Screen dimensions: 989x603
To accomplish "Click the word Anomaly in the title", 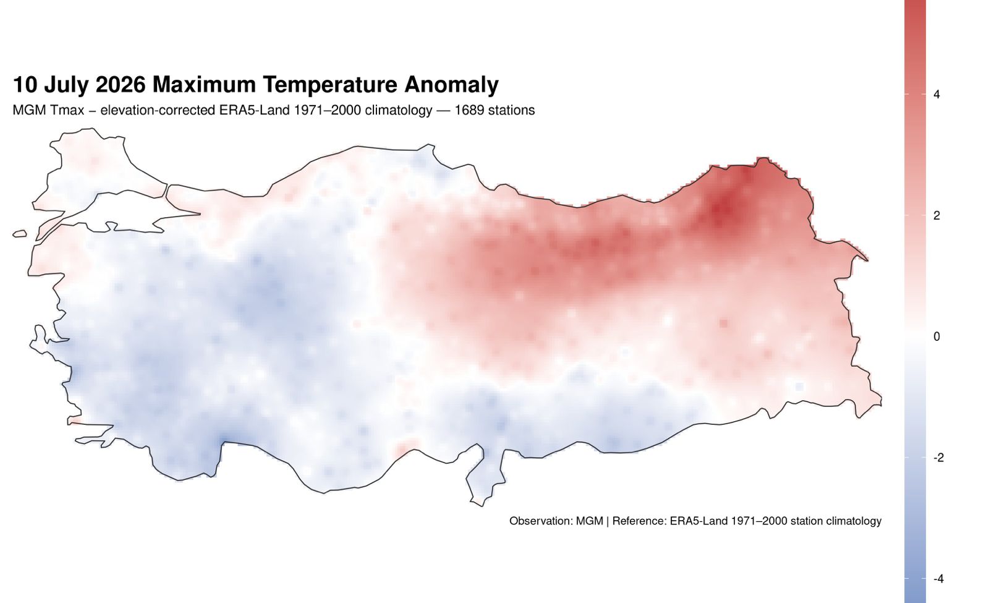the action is pos(451,85).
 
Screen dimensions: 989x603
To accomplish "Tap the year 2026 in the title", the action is pos(121,84).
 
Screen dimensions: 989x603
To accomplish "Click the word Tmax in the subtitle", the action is pos(67,110).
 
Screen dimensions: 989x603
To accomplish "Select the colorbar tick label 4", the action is pos(937,94).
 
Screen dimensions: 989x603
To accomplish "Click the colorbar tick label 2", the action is pos(937,216).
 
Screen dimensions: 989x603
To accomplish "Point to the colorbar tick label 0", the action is pos(937,336).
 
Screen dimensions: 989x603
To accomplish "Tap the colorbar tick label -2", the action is pos(939,458).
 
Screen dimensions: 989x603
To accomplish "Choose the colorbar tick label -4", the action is pos(939,579).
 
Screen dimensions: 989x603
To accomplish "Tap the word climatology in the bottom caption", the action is pos(854,521).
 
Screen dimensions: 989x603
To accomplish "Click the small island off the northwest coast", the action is pos(20,234).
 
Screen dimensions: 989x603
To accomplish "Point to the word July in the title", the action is pos(66,85).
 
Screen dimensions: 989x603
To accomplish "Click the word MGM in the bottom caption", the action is pos(590,521).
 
